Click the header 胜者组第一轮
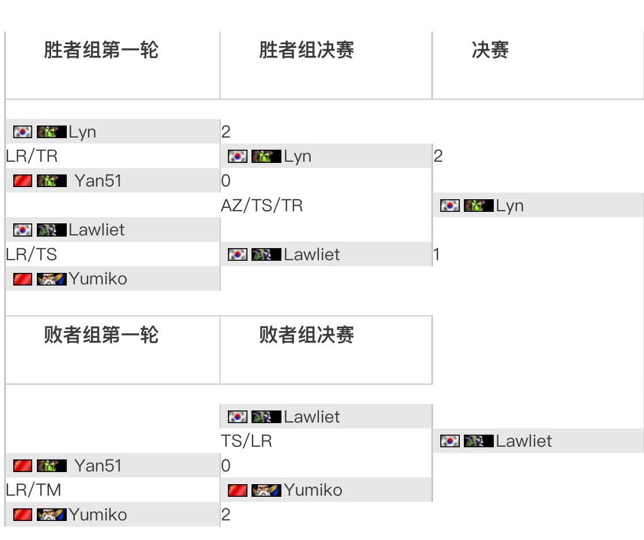tap(101, 50)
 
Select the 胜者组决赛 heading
tap(306, 50)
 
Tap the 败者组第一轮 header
tap(101, 334)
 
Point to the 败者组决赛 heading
tap(306, 334)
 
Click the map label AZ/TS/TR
tap(262, 206)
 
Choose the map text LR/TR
tap(32, 156)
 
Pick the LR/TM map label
tap(33, 490)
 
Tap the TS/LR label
tap(246, 441)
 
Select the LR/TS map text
tap(32, 254)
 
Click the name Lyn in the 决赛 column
tap(509, 206)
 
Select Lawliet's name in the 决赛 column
tap(524, 441)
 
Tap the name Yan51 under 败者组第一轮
tap(98, 465)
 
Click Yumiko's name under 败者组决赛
tap(313, 490)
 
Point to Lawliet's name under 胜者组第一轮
tap(97, 230)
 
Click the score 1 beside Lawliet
tap(437, 254)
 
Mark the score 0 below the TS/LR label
tap(226, 465)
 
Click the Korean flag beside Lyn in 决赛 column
tap(450, 206)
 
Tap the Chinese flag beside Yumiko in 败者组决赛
tap(238, 490)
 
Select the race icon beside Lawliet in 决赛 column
tap(478, 441)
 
